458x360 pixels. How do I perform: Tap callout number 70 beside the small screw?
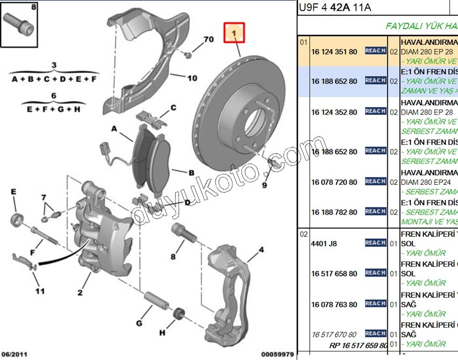click(209, 40)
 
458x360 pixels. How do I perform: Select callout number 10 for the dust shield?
click(192, 78)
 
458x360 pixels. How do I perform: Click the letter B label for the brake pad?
click(191, 173)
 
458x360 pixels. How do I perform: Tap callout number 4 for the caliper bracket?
click(261, 250)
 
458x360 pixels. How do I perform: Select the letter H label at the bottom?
click(163, 334)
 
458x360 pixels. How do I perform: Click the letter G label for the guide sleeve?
click(138, 323)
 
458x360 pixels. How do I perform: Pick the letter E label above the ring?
click(14, 192)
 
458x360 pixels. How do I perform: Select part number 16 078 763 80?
click(334, 304)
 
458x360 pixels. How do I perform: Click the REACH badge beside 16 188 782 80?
click(375, 211)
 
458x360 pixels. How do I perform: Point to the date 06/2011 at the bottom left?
click(14, 354)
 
